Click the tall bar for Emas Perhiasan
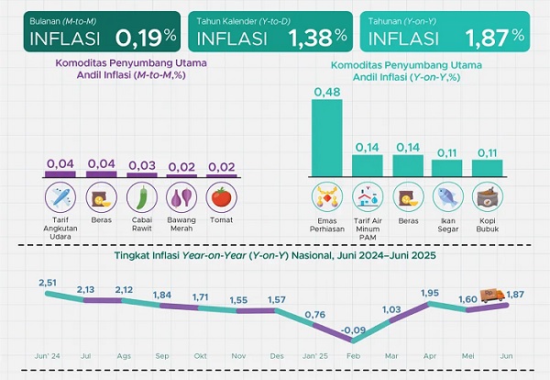(x=327, y=137)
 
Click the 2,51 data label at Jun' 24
(x=49, y=283)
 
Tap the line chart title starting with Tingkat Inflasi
(x=274, y=255)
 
